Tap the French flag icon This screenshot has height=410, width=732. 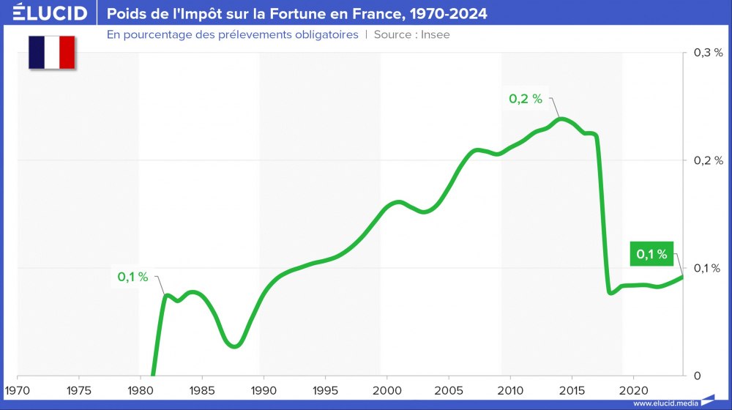coord(52,52)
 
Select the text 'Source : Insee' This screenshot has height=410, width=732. coord(411,34)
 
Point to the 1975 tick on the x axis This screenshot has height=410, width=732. coord(78,388)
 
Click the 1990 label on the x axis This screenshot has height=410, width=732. coord(264,388)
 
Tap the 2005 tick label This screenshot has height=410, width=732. coord(449,388)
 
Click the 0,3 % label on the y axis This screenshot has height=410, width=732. coord(708,53)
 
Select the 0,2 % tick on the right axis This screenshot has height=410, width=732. coord(708,160)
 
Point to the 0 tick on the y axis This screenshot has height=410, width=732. coord(697,376)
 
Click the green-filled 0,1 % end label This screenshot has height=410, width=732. coord(651,254)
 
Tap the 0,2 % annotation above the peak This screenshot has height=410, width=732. coord(526,99)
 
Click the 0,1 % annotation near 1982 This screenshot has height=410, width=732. coord(132,277)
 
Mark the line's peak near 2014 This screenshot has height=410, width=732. coord(561,118)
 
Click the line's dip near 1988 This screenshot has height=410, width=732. coord(234,346)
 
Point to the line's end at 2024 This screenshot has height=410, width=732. coord(683,275)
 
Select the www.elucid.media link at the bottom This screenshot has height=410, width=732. coord(665,403)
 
